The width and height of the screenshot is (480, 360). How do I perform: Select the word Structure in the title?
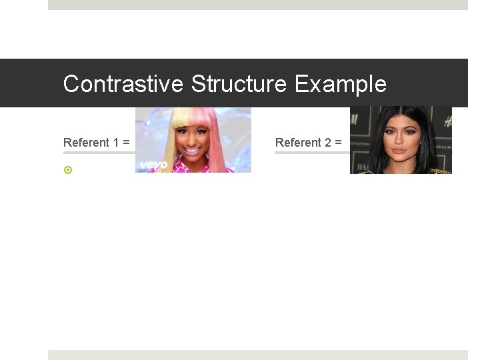coord(239,84)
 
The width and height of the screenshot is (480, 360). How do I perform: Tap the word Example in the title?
coord(340,84)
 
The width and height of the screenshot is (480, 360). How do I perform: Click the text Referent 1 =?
coord(96,142)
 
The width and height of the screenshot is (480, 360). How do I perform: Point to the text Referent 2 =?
coord(308,142)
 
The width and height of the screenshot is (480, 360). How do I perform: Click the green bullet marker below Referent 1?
coord(67,170)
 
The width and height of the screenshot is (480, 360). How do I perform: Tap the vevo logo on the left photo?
coord(153,164)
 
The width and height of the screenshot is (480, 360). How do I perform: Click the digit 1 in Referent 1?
coord(115,142)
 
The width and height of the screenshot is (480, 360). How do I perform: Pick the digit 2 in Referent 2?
coord(327,142)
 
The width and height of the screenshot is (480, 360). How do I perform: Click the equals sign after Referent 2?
coord(338,143)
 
